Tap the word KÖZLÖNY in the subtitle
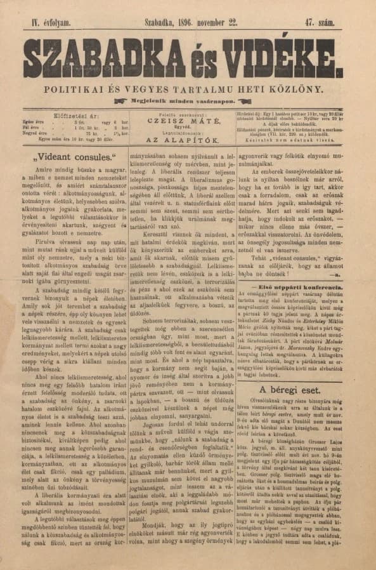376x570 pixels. point(304,90)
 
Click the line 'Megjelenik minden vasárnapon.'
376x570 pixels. point(188,102)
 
